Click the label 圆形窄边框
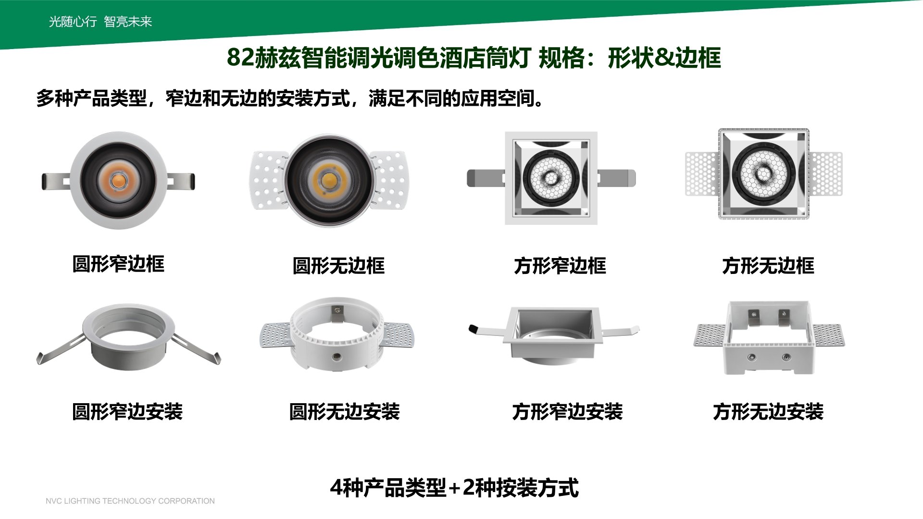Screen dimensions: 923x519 [x=118, y=264]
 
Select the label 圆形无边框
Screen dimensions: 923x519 [x=339, y=266]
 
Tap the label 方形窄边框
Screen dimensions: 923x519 [x=560, y=266]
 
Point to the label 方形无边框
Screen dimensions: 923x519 [x=768, y=266]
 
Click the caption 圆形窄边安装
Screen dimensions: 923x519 [x=127, y=412]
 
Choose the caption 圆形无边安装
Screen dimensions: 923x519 [x=345, y=412]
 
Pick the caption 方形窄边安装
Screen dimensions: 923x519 [x=568, y=412]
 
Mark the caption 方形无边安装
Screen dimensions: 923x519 [x=768, y=412]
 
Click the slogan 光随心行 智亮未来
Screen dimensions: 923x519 [x=100, y=22]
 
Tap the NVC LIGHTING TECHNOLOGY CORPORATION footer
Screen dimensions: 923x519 [x=130, y=501]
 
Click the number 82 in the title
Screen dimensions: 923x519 [x=240, y=58]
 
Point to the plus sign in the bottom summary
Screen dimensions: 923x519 [x=454, y=488]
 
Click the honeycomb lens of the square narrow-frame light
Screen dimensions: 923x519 [x=551, y=177]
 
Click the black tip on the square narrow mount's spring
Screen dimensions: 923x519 [x=474, y=329]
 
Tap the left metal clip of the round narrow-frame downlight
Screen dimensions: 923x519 [x=57, y=181]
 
